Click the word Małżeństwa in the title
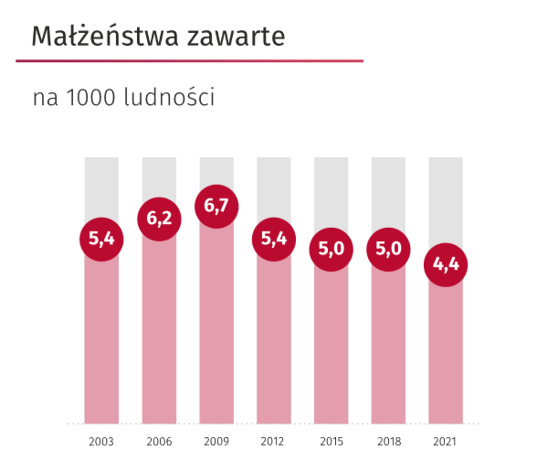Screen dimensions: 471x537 (x=105, y=36)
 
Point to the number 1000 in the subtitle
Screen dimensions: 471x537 (x=91, y=97)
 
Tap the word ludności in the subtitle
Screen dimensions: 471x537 (x=169, y=97)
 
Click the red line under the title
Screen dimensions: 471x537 (x=189, y=61)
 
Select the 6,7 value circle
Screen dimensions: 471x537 (x=217, y=206)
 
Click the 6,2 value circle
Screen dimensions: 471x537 (x=159, y=218)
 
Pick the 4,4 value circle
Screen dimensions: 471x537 (x=445, y=265)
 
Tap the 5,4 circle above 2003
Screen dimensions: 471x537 (x=101, y=239)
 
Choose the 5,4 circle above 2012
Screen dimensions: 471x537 (x=274, y=239)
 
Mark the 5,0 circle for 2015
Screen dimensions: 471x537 (x=331, y=249)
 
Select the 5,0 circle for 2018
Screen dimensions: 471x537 (x=388, y=249)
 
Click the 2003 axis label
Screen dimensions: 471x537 (x=101, y=441)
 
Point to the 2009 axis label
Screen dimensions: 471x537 (x=217, y=441)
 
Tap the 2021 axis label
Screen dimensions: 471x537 (x=445, y=441)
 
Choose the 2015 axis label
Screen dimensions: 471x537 (x=331, y=441)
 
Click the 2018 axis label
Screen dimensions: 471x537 (x=389, y=441)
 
